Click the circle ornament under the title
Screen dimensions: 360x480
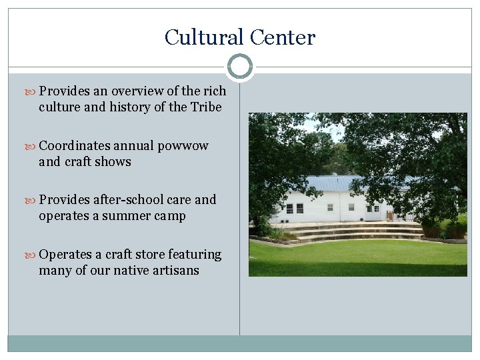coord(239,67)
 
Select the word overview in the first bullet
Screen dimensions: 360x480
coord(136,91)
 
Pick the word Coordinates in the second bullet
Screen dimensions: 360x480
coord(74,146)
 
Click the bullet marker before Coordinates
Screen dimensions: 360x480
coord(33,146)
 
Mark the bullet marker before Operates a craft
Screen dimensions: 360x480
coord(33,255)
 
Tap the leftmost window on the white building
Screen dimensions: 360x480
coord(289,209)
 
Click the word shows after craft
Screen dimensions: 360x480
coord(115,161)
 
